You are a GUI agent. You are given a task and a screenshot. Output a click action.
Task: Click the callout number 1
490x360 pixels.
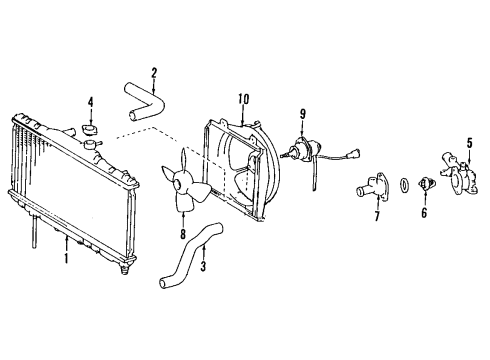coord(66,258)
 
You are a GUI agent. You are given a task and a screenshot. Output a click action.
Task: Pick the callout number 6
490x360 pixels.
coord(423,213)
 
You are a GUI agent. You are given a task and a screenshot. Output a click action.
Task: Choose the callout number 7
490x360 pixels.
coord(377,217)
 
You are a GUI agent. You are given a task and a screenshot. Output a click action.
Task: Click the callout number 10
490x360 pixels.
coord(242,98)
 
